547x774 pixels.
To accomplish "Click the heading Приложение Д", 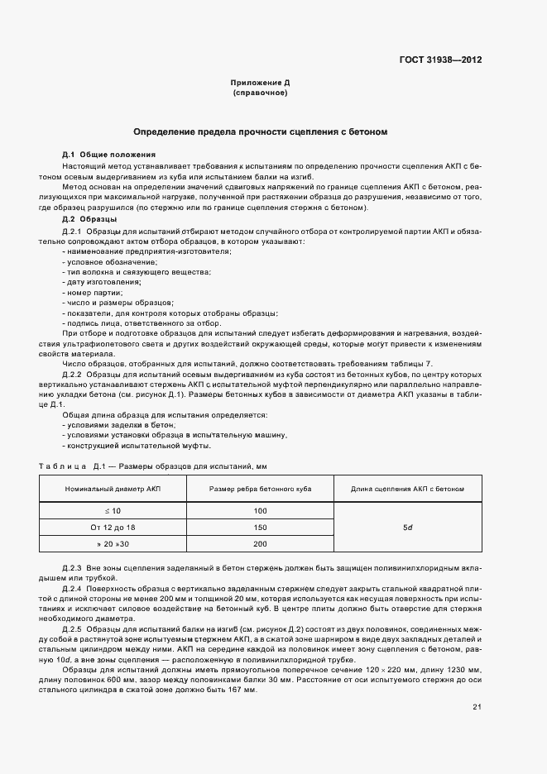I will coord(260,83).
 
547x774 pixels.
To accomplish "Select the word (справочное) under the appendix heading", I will coord(260,93).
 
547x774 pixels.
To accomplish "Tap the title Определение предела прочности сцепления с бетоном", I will coord(260,132).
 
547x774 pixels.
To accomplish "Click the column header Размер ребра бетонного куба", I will coord(260,490).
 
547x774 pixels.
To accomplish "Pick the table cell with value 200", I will coord(260,543).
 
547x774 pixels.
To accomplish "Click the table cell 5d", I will coord(407,527).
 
